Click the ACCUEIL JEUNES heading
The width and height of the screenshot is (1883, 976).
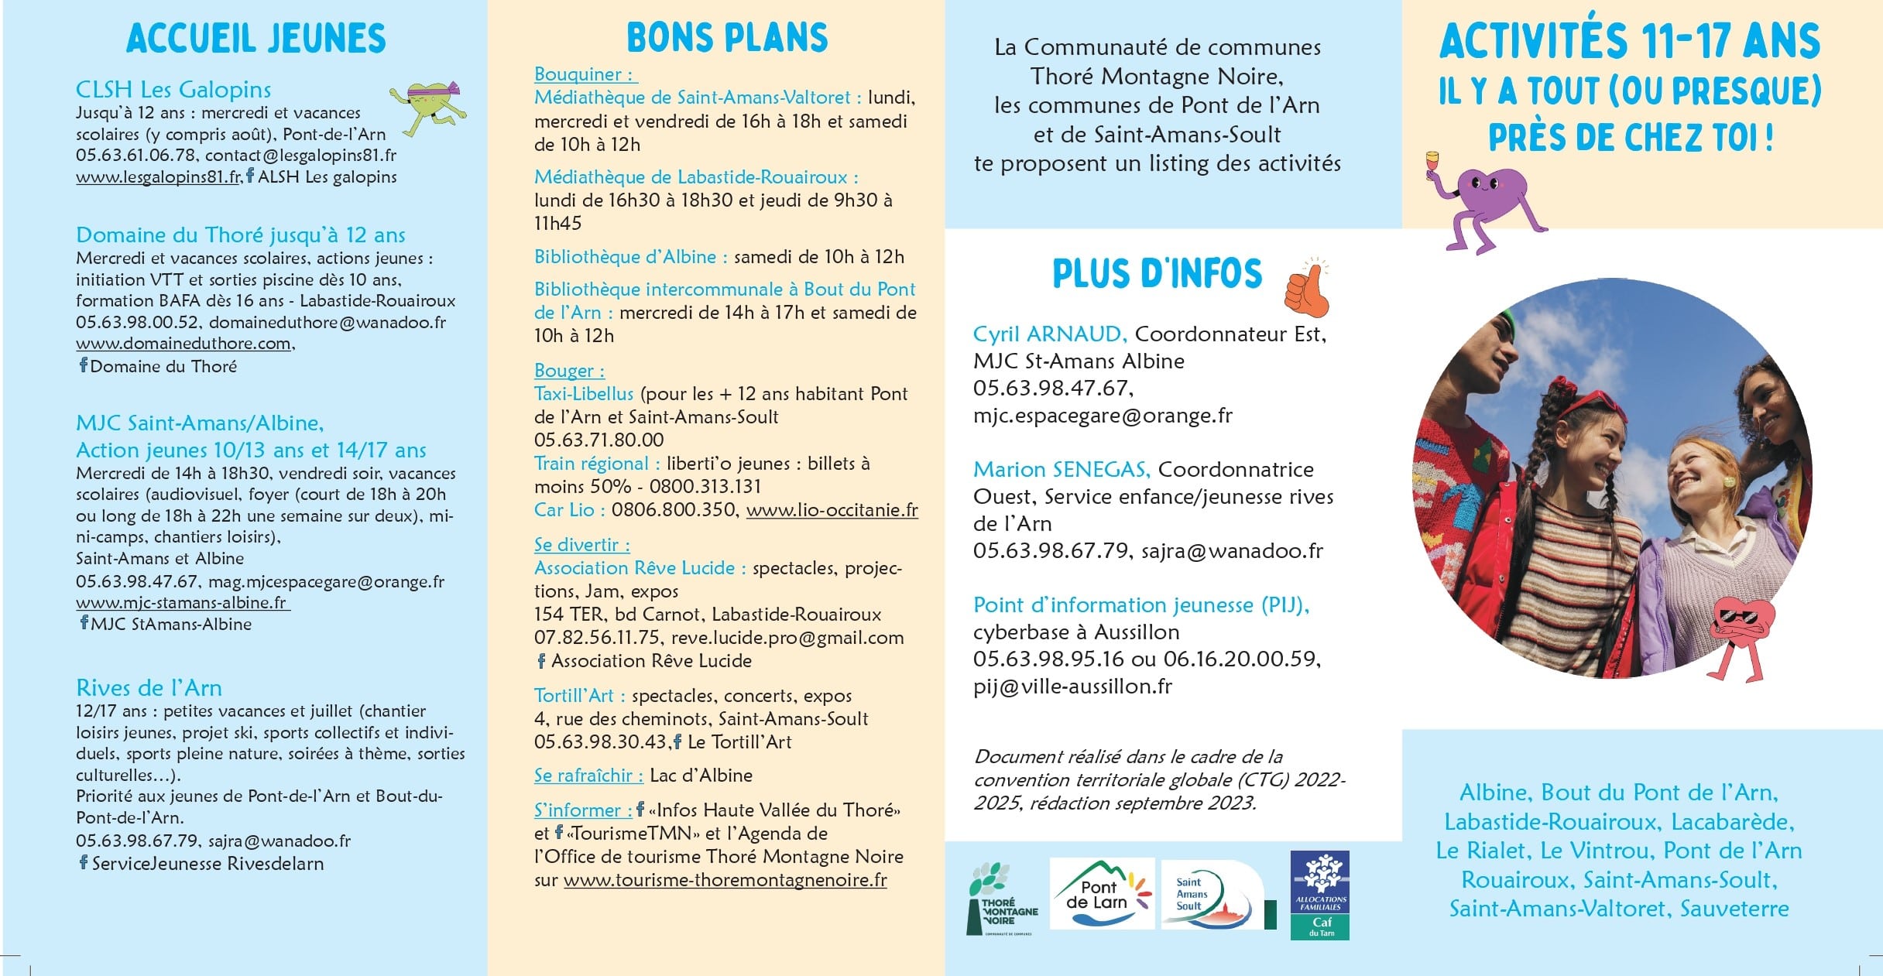click(x=256, y=39)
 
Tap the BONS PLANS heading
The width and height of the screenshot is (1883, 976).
click(x=727, y=38)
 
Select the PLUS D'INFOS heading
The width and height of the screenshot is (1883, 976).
click(x=1157, y=274)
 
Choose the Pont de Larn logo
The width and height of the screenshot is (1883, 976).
click(x=1101, y=894)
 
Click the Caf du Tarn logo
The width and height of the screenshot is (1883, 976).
click(x=1319, y=895)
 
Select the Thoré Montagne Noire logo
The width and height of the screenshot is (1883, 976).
click(x=1000, y=899)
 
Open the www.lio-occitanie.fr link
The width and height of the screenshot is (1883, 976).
click(x=832, y=510)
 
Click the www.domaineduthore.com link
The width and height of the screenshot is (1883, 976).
click(x=183, y=344)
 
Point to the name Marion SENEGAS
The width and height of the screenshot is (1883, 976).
click(x=1061, y=470)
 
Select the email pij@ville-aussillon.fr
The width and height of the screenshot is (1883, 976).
click(x=1072, y=687)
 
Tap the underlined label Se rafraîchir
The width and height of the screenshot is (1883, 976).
click(x=588, y=776)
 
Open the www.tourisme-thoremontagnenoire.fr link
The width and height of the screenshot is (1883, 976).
click(x=725, y=880)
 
